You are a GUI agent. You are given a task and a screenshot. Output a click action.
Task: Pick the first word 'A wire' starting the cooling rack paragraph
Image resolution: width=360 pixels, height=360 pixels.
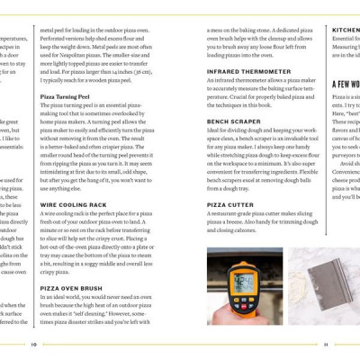[x=49, y=214]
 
